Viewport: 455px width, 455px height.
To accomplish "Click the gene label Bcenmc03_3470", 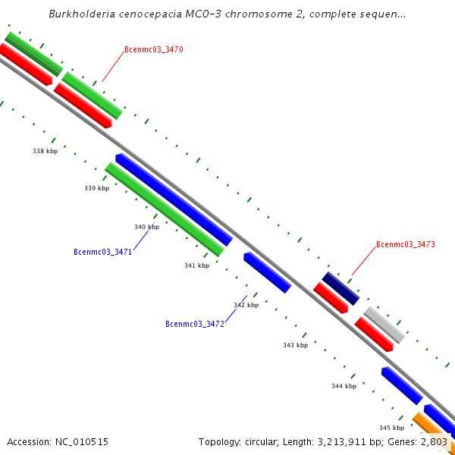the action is [x=154, y=50].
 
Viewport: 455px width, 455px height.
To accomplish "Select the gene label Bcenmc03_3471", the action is [x=102, y=252].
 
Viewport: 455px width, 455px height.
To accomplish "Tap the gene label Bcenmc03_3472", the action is [x=195, y=324].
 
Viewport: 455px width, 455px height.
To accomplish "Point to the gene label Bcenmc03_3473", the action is [x=406, y=244].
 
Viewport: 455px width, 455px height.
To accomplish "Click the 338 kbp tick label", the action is [x=45, y=151].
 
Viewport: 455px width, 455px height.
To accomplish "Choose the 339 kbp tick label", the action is [x=96, y=188].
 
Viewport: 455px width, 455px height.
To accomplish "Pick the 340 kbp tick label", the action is [x=146, y=227].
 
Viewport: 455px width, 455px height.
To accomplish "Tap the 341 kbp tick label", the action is [x=196, y=265].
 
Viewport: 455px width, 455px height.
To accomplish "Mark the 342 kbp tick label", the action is [x=246, y=305].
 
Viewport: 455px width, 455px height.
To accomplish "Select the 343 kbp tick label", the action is [x=295, y=345].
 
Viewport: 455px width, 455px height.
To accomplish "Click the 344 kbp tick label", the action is [x=344, y=386].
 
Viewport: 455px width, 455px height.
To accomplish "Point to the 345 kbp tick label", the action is [x=391, y=428].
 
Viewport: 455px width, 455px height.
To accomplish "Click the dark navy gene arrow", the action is [x=340, y=288].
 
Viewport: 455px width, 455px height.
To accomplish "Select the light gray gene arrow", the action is [x=384, y=325].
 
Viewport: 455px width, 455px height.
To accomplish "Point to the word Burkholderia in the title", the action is [x=82, y=14].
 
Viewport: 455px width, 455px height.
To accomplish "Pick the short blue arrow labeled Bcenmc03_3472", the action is [x=267, y=272].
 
